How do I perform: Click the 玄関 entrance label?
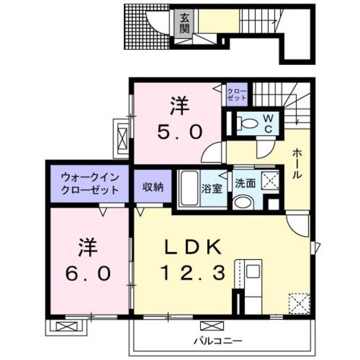tap(184, 22)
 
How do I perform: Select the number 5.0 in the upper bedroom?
tap(178, 133)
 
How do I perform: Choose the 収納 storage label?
tap(152, 186)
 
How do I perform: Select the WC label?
tap(269, 123)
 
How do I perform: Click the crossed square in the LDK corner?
tap(299, 303)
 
